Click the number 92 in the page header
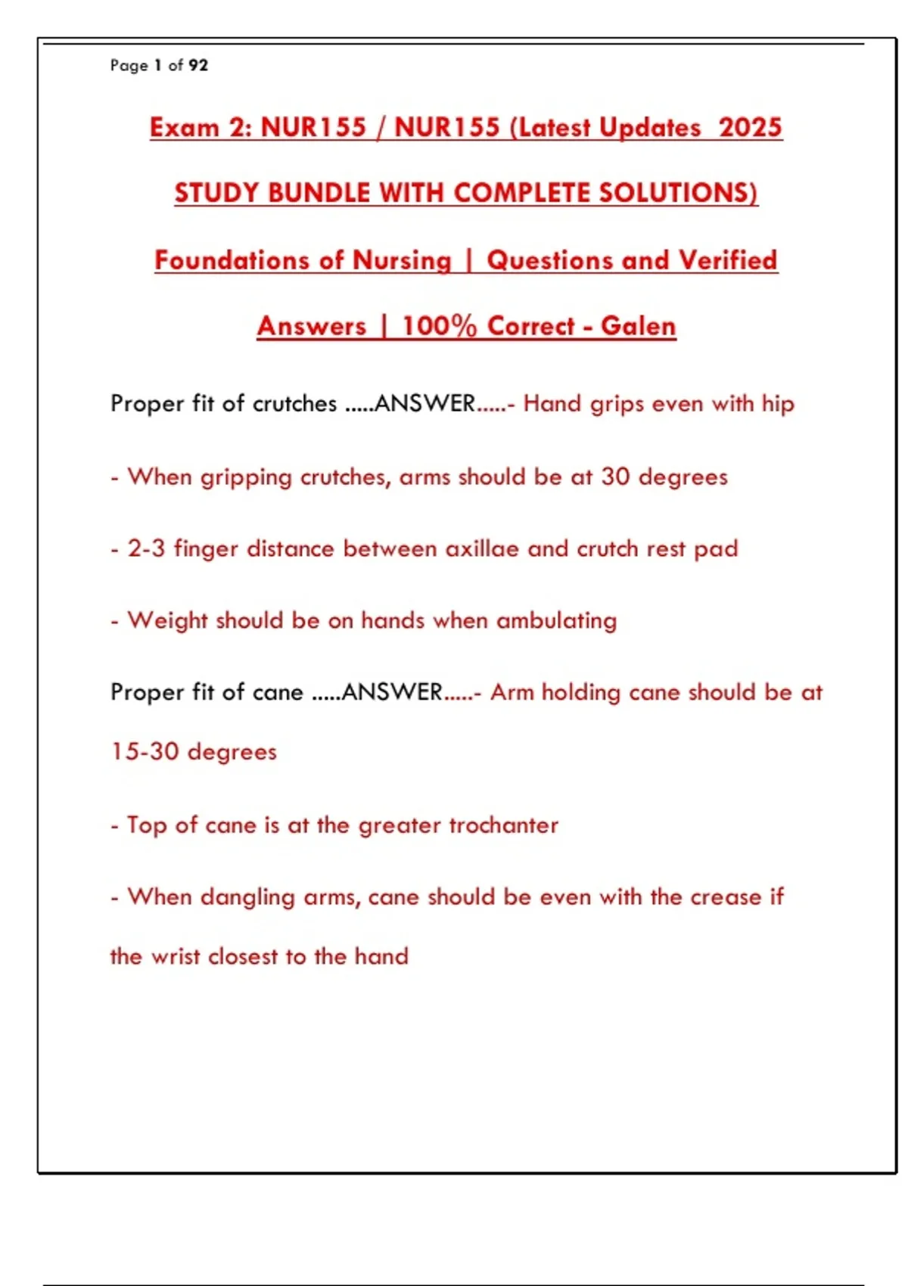[198, 66]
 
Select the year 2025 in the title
[750, 127]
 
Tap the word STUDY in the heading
[217, 193]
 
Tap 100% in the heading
[439, 326]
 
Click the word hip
[778, 404]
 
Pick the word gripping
[246, 478]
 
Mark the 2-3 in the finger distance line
[146, 548]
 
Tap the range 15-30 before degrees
[145, 752]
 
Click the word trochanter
[503, 825]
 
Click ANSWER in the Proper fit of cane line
[392, 692]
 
